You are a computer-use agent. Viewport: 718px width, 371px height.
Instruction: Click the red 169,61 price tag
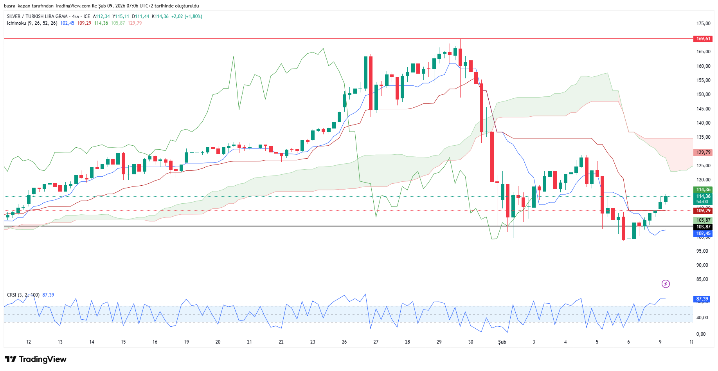point(703,39)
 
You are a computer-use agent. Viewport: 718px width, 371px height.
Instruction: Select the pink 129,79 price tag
point(703,152)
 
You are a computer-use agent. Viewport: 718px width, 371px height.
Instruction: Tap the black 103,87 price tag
point(703,227)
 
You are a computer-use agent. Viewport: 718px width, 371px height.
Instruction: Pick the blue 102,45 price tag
point(703,233)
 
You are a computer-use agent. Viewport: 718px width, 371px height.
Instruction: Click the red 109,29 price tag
point(703,211)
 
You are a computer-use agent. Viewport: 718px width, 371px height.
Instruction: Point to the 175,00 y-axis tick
point(703,24)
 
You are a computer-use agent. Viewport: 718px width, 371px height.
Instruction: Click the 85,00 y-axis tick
point(702,279)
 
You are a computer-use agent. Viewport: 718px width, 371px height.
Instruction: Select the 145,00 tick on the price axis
point(703,109)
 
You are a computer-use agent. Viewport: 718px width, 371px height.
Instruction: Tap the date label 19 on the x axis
point(186,342)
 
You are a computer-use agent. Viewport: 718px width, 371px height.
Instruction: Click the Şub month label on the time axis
point(502,342)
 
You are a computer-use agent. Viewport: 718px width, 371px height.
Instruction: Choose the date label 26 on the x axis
point(344,342)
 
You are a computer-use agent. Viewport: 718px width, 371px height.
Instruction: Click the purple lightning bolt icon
point(666,284)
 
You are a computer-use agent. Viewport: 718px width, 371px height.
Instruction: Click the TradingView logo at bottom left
point(36,359)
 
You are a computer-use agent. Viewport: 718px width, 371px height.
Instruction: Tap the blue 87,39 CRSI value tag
point(702,299)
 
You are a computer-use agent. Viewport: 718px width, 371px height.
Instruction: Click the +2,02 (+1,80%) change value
point(187,16)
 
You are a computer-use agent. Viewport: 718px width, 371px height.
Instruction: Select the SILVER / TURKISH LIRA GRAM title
point(37,16)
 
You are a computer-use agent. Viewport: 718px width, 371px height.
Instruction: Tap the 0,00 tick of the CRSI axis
point(701,334)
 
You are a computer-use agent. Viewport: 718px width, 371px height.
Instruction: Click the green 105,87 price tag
point(703,220)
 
